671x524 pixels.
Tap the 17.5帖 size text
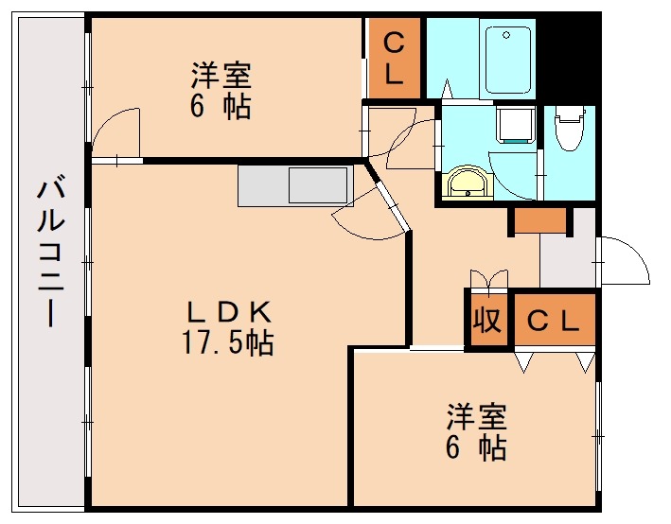(227, 342)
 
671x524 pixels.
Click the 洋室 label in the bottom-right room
(477, 415)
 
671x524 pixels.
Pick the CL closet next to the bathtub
(395, 60)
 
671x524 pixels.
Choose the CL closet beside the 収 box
(554, 321)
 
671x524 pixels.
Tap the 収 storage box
(486, 322)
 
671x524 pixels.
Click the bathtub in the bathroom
(506, 58)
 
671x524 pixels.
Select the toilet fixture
(569, 129)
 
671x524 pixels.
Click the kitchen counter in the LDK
(295, 185)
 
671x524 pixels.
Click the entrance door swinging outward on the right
(624, 258)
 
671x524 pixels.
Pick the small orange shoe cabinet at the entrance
(540, 221)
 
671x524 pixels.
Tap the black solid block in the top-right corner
(567, 57)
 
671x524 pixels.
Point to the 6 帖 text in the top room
(221, 107)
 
